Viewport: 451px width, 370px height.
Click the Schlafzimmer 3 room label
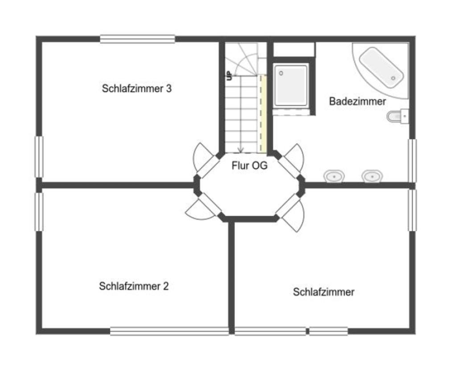click(136, 88)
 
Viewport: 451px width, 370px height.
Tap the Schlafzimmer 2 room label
click(134, 286)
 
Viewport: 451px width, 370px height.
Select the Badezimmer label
click(357, 102)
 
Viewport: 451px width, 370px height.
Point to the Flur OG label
click(250, 166)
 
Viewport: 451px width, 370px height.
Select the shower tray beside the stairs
click(291, 85)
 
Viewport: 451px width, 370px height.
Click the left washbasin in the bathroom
click(334, 177)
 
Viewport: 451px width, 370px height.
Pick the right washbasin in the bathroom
click(371, 177)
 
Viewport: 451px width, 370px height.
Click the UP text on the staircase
click(229, 75)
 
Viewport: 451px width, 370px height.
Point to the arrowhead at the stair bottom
click(241, 149)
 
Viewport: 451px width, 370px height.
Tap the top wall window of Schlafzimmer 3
click(137, 39)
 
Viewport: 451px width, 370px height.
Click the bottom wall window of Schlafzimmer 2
click(169, 331)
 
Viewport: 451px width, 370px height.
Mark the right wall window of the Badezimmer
click(412, 160)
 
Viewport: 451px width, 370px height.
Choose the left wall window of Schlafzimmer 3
click(39, 157)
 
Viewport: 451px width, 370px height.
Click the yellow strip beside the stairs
click(263, 114)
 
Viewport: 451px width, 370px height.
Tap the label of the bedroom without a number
click(324, 292)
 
